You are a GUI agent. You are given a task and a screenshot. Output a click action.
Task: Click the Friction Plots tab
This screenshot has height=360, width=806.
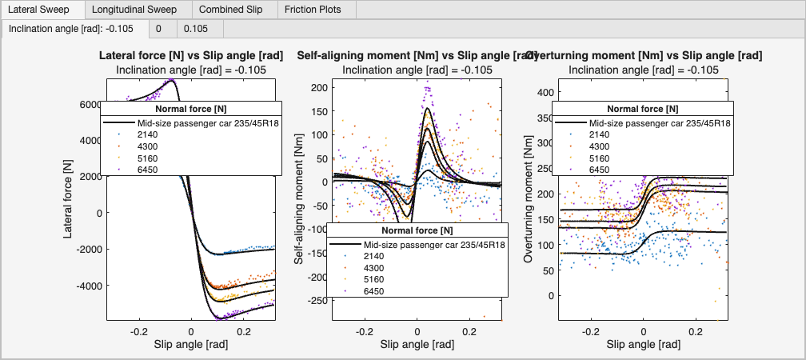pos(312,10)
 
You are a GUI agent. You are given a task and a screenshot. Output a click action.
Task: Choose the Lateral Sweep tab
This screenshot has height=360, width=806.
pos(36,10)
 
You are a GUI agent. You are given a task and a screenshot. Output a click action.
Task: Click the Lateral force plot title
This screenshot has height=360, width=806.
pos(191,56)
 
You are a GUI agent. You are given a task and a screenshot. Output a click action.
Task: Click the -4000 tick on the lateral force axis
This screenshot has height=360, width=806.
pos(87,286)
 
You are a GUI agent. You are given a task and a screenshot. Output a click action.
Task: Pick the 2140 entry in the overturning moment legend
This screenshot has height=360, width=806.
pos(601,135)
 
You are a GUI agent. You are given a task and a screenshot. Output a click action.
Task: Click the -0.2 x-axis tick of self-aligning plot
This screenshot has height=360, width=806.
pos(365,330)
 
